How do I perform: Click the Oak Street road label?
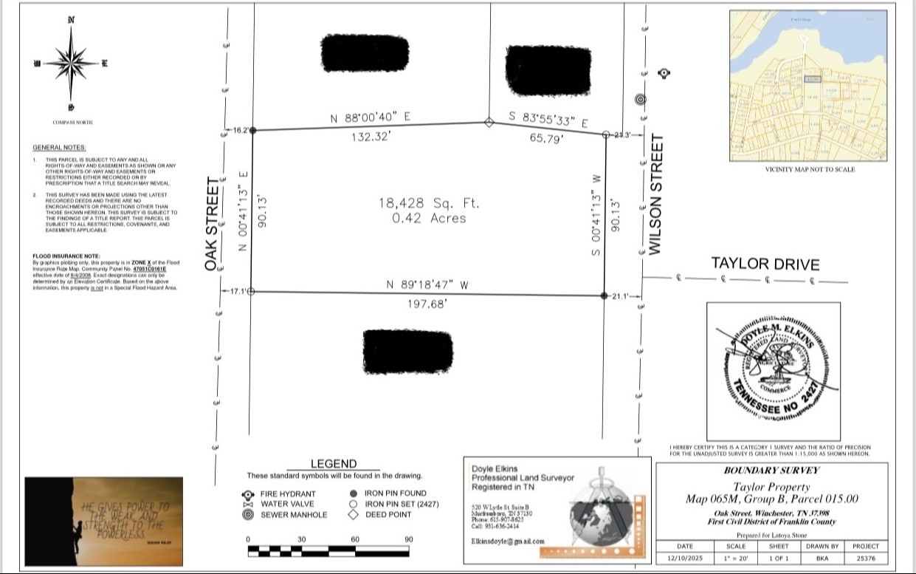point(213,223)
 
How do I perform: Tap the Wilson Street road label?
point(655,194)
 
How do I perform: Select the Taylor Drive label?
point(765,264)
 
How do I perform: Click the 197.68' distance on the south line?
point(428,304)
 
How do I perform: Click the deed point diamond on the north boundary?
point(488,123)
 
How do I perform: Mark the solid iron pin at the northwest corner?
point(252,130)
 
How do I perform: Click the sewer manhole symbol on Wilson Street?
point(640,100)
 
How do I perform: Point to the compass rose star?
point(71,63)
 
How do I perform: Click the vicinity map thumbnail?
point(809,86)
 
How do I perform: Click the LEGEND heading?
point(334,464)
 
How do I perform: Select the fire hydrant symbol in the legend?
point(248,494)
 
